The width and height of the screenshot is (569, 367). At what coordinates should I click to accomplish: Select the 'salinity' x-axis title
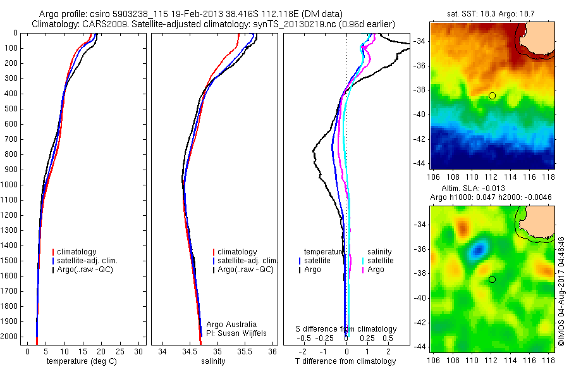click(x=212, y=361)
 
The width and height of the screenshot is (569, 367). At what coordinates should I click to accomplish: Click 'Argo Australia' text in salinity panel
click(x=231, y=324)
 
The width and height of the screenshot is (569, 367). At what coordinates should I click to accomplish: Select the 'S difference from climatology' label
click(x=346, y=329)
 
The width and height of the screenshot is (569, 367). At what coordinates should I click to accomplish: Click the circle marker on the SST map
click(x=492, y=96)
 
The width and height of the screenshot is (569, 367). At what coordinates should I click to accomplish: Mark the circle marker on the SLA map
click(x=492, y=279)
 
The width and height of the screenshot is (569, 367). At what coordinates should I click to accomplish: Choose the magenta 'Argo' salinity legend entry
click(x=376, y=270)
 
